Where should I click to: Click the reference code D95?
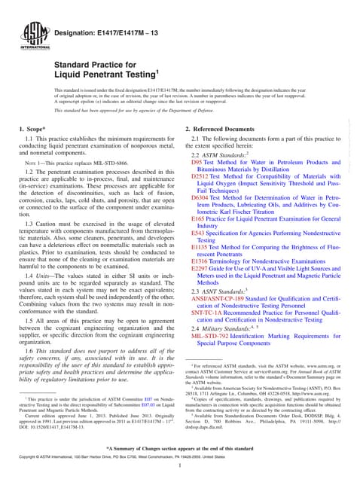pos(197,162)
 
